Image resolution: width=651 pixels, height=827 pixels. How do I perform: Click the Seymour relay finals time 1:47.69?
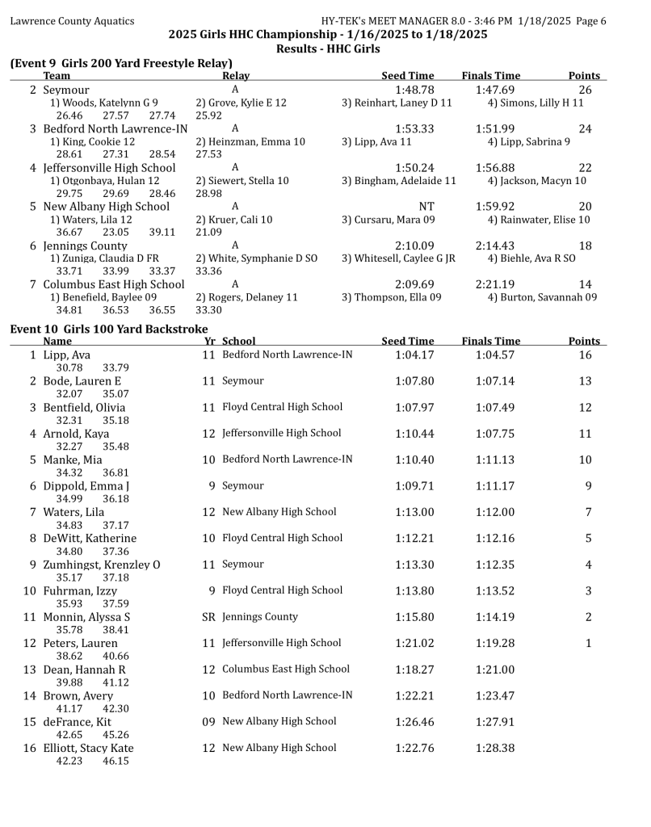[495, 90]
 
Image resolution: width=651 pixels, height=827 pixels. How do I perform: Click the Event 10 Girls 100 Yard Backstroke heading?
[109, 328]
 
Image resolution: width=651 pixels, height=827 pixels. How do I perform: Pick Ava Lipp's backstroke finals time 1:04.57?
[494, 355]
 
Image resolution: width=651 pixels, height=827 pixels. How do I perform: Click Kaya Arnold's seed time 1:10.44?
[414, 434]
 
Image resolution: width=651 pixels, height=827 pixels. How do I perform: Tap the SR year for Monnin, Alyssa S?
[208, 616]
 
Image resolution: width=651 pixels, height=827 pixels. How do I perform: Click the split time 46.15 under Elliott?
[115, 761]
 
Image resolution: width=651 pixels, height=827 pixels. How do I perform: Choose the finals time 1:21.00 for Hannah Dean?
[494, 670]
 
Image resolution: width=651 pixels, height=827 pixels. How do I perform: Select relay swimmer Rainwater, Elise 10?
[539, 219]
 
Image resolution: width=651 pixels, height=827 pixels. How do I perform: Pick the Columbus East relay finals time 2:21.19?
[495, 283]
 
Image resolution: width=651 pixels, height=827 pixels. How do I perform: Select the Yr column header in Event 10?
[208, 341]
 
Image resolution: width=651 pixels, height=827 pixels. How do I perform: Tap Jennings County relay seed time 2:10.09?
[414, 245]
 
